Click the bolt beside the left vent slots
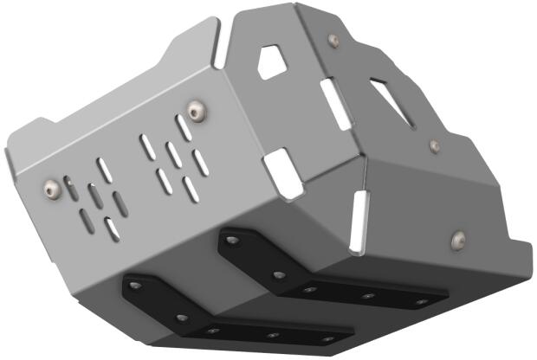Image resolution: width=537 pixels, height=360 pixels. pos(49,186)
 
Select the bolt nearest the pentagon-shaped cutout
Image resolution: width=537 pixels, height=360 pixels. pos(333,40)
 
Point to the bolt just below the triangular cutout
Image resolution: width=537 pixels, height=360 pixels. pos(435,145)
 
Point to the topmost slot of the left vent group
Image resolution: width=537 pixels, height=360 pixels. pos(105,170)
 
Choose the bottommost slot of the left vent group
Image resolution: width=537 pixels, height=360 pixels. pos(112,229)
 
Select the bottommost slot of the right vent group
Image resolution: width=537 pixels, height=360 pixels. pos(191,190)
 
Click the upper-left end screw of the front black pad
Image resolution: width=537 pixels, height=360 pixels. pos(135,284)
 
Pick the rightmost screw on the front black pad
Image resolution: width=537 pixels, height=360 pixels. pos(326,338)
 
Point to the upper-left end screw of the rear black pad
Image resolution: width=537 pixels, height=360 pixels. pos(232,235)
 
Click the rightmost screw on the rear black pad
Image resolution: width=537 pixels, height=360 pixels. pos(421,302)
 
